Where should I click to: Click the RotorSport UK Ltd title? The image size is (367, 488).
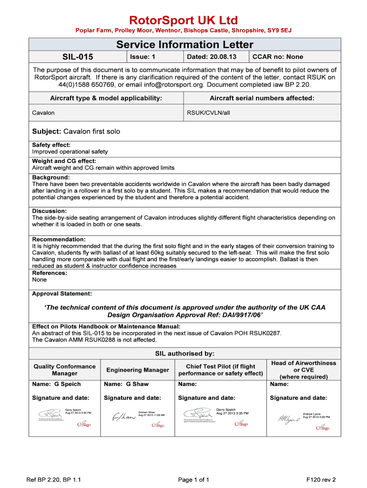tap(183, 20)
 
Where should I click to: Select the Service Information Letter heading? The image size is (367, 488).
tap(185, 45)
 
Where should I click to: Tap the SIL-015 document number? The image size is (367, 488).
tap(78, 57)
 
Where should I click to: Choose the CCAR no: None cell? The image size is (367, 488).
tap(277, 57)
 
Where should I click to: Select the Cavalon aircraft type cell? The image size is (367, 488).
tap(43, 113)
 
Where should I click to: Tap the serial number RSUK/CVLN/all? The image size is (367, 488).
tap(208, 113)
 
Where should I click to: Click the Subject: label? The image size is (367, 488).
tap(47, 131)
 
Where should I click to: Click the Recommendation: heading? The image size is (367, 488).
tap(59, 239)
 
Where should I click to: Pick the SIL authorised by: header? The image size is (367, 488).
tap(184, 354)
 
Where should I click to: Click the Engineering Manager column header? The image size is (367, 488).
tap(137, 370)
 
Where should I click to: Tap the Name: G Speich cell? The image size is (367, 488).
tap(56, 384)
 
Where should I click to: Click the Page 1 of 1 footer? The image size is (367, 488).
tap(194, 479)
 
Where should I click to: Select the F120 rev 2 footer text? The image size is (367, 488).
tap(321, 479)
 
